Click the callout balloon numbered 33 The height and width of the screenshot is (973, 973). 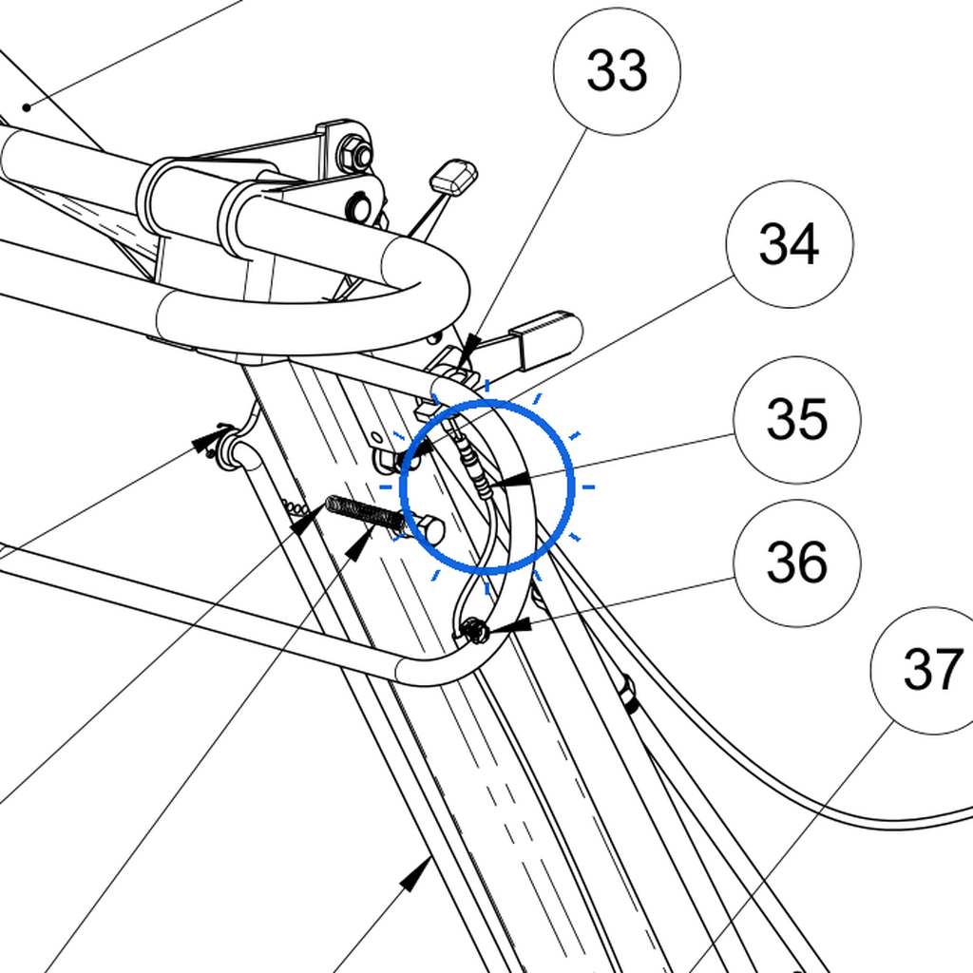(x=617, y=71)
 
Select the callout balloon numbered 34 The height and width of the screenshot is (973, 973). (x=790, y=244)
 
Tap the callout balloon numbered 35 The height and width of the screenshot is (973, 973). (x=797, y=420)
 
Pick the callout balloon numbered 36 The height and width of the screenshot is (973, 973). (x=797, y=563)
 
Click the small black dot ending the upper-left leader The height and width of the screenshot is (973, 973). (x=27, y=108)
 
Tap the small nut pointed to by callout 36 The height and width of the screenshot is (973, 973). (x=476, y=631)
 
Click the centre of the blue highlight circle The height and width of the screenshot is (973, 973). (x=487, y=486)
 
